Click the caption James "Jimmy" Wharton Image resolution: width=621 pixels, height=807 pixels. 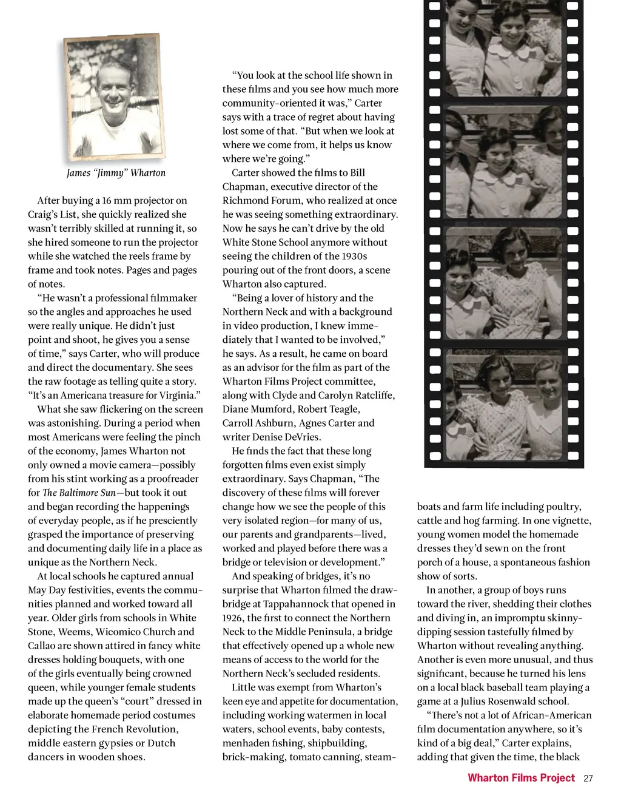point(116,173)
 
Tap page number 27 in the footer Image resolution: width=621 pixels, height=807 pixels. point(588,778)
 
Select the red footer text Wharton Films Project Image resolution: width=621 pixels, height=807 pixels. point(521,778)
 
